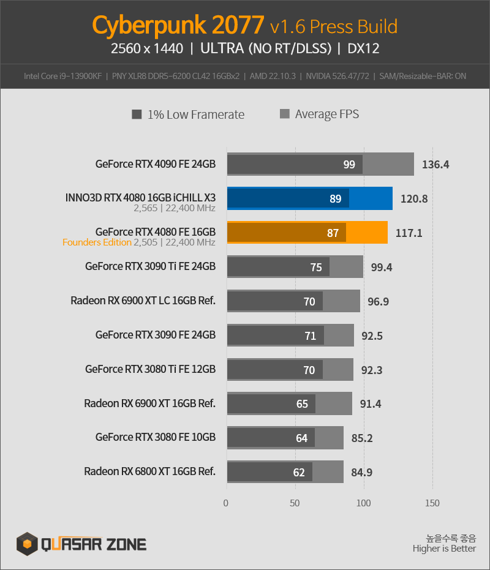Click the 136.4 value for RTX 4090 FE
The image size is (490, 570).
pyautogui.click(x=435, y=165)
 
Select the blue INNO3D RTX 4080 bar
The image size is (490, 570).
pyautogui.click(x=309, y=198)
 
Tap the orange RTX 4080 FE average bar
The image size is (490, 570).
pyautogui.click(x=367, y=232)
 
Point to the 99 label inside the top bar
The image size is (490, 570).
pyautogui.click(x=349, y=165)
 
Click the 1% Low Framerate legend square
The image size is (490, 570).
pyautogui.click(x=137, y=114)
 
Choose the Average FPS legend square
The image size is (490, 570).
pyautogui.click(x=285, y=114)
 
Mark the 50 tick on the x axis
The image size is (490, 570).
pyautogui.click(x=295, y=503)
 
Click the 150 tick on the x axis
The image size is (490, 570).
pyautogui.click(x=432, y=503)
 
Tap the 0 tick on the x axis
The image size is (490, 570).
pyautogui.click(x=226, y=503)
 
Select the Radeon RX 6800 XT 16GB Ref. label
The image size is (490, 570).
pyautogui.click(x=150, y=471)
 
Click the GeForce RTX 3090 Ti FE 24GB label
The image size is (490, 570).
pyautogui.click(x=150, y=266)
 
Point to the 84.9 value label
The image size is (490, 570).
pyautogui.click(x=361, y=473)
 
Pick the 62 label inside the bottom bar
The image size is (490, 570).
pyautogui.click(x=299, y=473)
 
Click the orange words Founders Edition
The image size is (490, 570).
pyautogui.click(x=97, y=242)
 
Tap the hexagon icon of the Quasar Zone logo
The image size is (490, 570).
pyautogui.click(x=27, y=544)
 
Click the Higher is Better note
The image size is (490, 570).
pyautogui.click(x=444, y=549)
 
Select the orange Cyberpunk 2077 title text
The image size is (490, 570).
pyautogui.click(x=178, y=26)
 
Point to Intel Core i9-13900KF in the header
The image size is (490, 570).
pyautogui.click(x=63, y=77)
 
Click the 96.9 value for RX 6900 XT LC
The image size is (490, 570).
pyautogui.click(x=379, y=302)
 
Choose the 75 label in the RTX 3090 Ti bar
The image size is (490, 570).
pyautogui.click(x=316, y=268)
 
